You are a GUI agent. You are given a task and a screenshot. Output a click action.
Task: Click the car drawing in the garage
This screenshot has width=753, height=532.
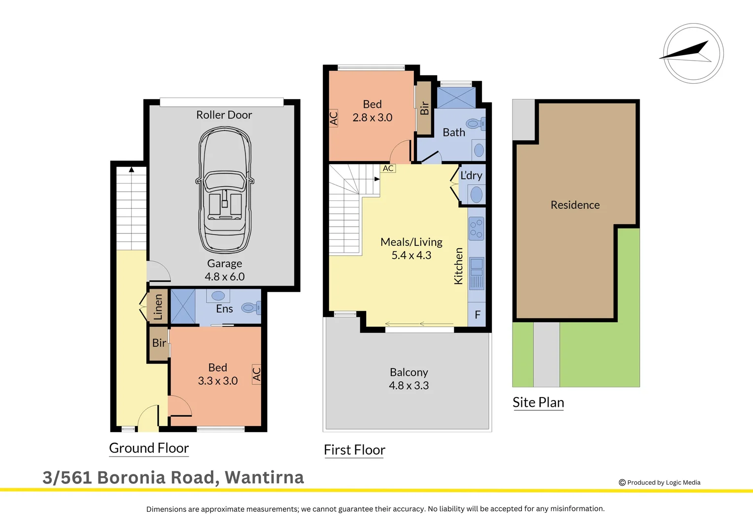[x=224, y=191]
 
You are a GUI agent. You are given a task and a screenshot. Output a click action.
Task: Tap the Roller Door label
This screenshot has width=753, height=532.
[x=224, y=115]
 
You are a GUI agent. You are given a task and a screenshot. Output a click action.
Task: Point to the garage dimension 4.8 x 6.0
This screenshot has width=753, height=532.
[x=224, y=277]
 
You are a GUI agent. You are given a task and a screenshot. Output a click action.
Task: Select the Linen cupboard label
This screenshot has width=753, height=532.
[x=158, y=307]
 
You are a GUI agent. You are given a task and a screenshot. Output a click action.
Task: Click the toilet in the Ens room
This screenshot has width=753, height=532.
[x=250, y=308]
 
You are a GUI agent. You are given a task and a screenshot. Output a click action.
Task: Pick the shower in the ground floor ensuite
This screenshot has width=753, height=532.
[x=183, y=306]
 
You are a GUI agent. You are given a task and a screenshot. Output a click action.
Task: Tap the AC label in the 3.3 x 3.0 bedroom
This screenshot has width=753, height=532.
[x=256, y=374]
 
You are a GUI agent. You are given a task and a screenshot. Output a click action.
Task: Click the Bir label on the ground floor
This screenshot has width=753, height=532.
[x=159, y=343]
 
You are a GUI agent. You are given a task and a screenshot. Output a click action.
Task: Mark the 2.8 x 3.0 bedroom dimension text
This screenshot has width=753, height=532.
[x=372, y=118]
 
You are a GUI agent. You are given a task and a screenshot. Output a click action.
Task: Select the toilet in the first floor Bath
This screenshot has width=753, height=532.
[x=475, y=123]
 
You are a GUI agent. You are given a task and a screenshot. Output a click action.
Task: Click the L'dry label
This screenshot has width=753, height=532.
[x=471, y=175]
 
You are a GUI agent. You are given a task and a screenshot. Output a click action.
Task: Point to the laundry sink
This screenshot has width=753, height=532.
[x=476, y=195]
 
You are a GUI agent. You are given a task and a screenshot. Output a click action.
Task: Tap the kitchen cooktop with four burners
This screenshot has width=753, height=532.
[x=476, y=229]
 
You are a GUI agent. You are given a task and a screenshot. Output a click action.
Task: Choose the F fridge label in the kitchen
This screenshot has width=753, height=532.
[x=477, y=315]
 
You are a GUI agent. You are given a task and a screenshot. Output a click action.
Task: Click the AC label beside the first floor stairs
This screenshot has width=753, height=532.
[x=388, y=168]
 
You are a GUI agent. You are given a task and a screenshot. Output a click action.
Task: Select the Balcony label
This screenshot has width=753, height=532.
[x=409, y=372]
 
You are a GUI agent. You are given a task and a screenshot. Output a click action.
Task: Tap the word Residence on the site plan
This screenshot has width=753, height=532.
[x=575, y=205]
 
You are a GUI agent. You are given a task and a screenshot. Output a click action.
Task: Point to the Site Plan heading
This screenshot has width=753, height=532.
[x=538, y=402]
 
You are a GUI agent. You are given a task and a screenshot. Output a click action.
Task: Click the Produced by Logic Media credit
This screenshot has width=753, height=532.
[x=659, y=483]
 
